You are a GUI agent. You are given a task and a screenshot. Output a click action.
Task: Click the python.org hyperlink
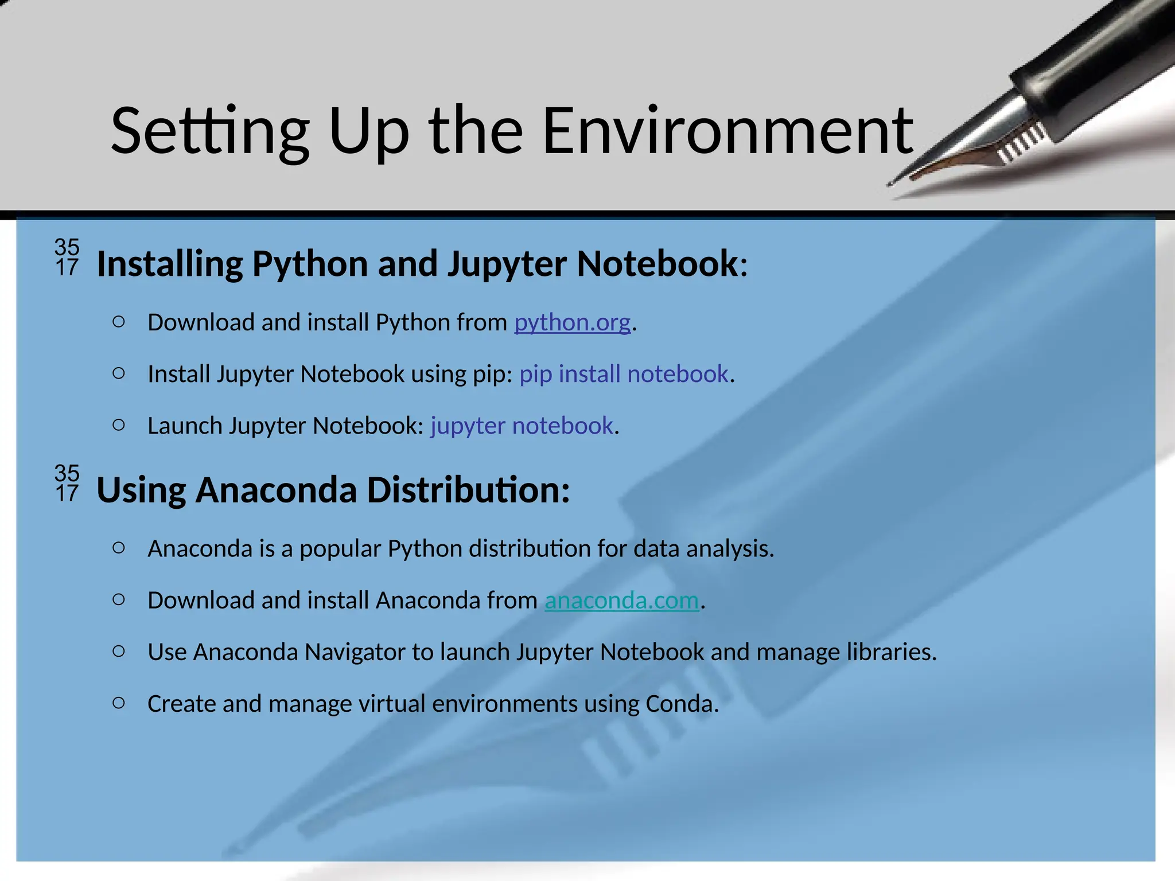tap(572, 322)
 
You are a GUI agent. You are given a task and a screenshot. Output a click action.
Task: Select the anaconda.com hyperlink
tap(621, 601)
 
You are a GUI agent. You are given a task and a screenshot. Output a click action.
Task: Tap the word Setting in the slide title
tap(210, 132)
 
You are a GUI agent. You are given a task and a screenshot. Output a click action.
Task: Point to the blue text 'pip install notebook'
tap(624, 374)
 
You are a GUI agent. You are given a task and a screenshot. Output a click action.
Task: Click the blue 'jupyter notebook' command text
tap(522, 426)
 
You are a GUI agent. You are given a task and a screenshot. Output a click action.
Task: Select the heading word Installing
tap(170, 264)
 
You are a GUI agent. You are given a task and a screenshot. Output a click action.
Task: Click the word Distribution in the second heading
tap(468, 490)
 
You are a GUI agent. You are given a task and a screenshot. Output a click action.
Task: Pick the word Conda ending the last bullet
tap(681, 704)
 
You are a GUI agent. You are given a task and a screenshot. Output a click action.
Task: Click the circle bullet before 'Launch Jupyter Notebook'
tap(119, 425)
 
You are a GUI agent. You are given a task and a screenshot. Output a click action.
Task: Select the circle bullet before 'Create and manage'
tap(119, 703)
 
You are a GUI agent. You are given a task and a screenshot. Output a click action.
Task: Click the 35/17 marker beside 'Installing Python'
tap(67, 257)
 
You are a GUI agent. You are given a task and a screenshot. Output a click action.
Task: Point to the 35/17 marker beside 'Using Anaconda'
tap(67, 483)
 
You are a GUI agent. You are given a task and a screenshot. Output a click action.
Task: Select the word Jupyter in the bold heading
tap(507, 264)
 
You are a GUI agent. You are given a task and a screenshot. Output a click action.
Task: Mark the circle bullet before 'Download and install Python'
tap(119, 322)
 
